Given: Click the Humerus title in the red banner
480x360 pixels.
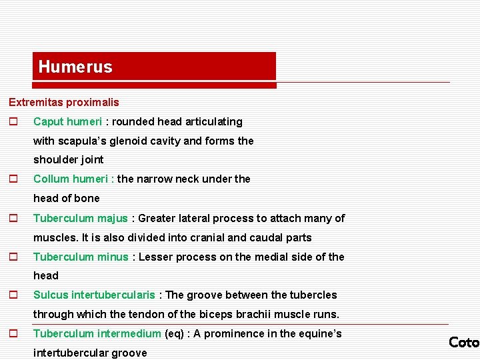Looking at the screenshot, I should [75, 67].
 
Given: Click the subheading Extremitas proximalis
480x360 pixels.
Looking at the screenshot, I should [64, 103].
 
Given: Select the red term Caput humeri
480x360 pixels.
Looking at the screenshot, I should [67, 122].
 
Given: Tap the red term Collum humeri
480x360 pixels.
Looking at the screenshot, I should [73, 179].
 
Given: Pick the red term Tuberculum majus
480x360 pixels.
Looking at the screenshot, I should [80, 219].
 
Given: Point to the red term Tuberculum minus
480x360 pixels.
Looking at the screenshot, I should [81, 257].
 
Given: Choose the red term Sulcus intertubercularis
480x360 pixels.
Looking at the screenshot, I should [94, 295].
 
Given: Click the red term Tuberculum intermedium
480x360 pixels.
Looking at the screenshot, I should [97, 334].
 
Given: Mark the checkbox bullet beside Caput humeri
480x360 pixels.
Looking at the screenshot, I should [12, 122].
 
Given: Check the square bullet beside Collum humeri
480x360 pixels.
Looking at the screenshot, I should [12, 179].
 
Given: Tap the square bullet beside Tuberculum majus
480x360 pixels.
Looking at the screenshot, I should [12, 219].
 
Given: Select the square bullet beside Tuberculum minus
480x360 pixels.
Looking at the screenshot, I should [12, 257].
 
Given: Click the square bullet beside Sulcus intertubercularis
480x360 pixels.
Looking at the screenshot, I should [12, 295].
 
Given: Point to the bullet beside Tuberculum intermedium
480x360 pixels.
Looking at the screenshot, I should [12, 334].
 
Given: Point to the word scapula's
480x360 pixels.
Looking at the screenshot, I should [80, 141].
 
